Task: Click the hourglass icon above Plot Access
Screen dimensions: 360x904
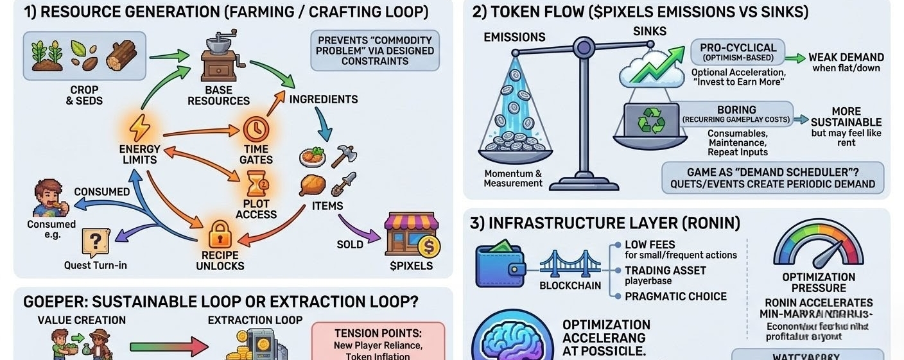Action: [256, 185]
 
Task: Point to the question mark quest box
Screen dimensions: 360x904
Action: [95, 243]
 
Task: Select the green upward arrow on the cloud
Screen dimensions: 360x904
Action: [655, 65]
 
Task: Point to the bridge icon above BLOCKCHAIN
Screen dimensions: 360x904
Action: [561, 264]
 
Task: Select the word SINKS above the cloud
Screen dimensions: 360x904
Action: [650, 31]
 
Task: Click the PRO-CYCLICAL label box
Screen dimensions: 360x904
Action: [738, 52]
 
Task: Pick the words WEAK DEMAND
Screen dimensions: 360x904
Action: [846, 57]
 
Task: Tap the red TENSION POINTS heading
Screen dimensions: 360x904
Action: [378, 334]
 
